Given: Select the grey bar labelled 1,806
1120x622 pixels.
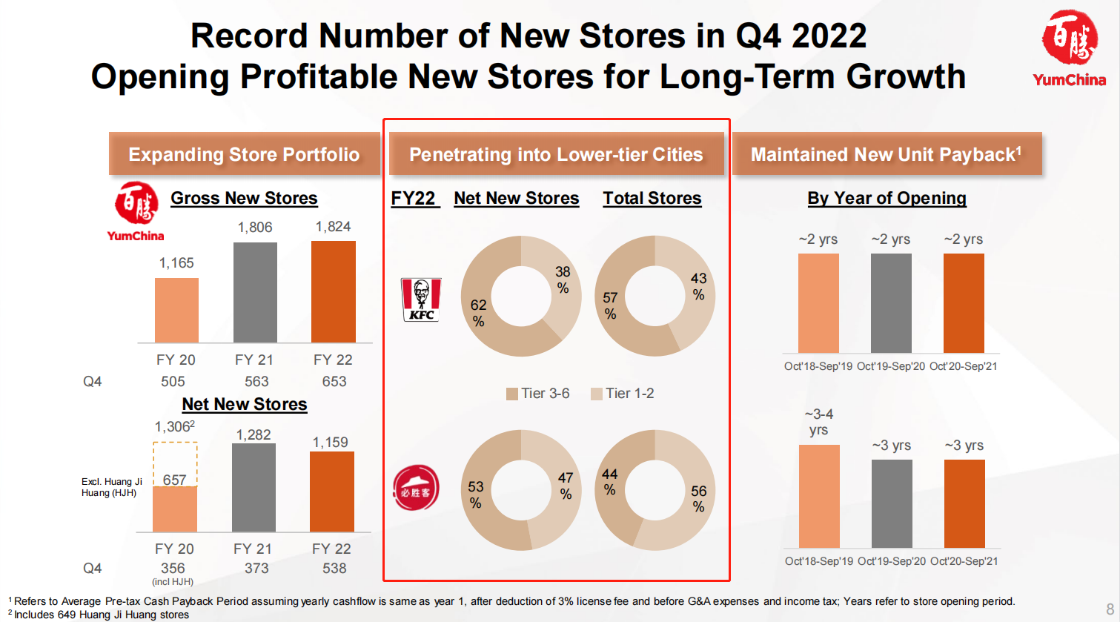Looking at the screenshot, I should tap(255, 292).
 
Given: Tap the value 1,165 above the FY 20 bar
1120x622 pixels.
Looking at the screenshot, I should tap(176, 263).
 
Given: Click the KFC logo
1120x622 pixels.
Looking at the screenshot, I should tap(421, 300).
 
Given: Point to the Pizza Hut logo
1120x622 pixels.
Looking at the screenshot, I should tap(416, 489).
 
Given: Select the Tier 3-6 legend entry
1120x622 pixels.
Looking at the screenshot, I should tap(538, 394).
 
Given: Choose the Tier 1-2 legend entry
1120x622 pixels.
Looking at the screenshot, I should tap(623, 394).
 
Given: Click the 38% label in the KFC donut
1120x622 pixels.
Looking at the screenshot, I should tap(563, 279).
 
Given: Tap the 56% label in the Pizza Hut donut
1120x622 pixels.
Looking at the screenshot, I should tap(698, 498).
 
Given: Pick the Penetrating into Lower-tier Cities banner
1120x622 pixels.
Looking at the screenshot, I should tap(556, 154).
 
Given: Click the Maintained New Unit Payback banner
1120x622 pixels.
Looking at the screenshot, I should tap(887, 154).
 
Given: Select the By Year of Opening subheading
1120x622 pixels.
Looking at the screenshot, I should tap(887, 198).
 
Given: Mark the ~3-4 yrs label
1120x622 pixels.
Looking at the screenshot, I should tap(818, 422).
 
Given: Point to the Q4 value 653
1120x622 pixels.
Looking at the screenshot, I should tap(334, 381).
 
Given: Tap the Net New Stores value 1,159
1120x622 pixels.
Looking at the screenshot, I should tap(331, 443).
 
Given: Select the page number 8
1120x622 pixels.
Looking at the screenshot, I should tap(1110, 609).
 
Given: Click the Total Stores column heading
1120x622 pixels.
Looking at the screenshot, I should tap(652, 198).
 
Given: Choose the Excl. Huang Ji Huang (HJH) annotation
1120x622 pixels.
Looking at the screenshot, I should tap(111, 487).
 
